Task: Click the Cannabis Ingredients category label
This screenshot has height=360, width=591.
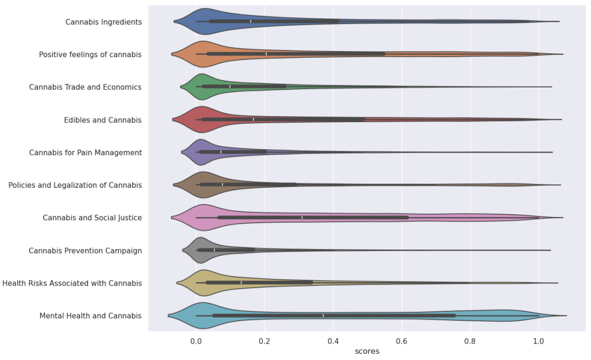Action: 103,22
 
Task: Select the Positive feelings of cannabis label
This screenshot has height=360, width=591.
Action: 90,54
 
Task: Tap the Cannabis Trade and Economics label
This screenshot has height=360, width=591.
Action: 85,87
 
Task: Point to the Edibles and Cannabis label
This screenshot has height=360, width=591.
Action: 103,120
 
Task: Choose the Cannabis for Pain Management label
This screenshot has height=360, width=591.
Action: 85,153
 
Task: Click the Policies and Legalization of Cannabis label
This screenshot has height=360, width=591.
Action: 75,185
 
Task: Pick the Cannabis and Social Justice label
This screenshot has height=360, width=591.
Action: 92,218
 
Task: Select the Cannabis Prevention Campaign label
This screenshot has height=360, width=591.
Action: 85,251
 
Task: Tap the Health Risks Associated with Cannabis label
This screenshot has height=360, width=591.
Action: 72,283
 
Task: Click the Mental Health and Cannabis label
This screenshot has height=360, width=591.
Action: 90,316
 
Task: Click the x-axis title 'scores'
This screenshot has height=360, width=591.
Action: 367,351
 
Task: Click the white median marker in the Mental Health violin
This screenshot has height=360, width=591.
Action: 323,316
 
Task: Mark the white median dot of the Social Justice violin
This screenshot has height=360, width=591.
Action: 302,218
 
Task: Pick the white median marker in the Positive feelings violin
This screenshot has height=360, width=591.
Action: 266,54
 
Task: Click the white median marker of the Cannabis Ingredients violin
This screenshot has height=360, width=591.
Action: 251,21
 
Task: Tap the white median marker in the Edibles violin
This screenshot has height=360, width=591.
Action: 253,119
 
